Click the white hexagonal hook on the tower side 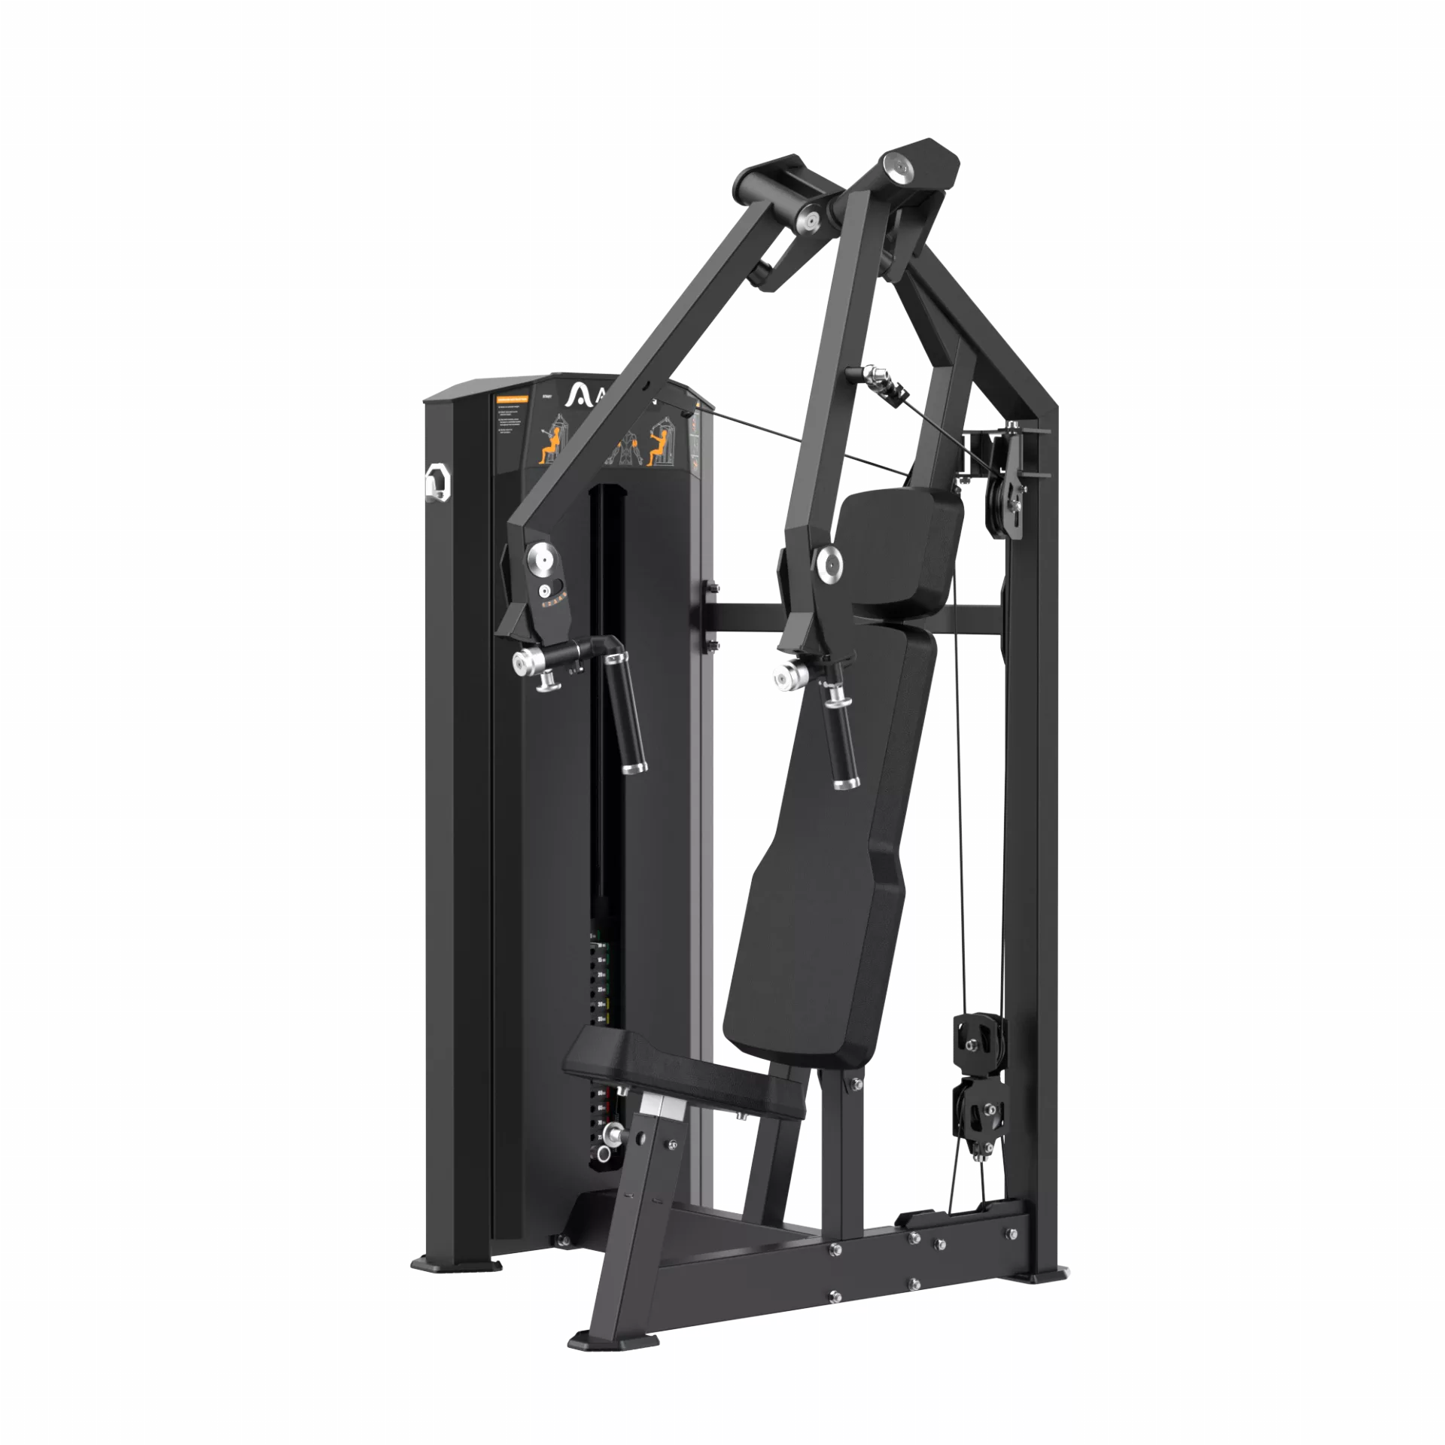436,479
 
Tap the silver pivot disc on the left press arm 540,558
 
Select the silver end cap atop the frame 897,166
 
